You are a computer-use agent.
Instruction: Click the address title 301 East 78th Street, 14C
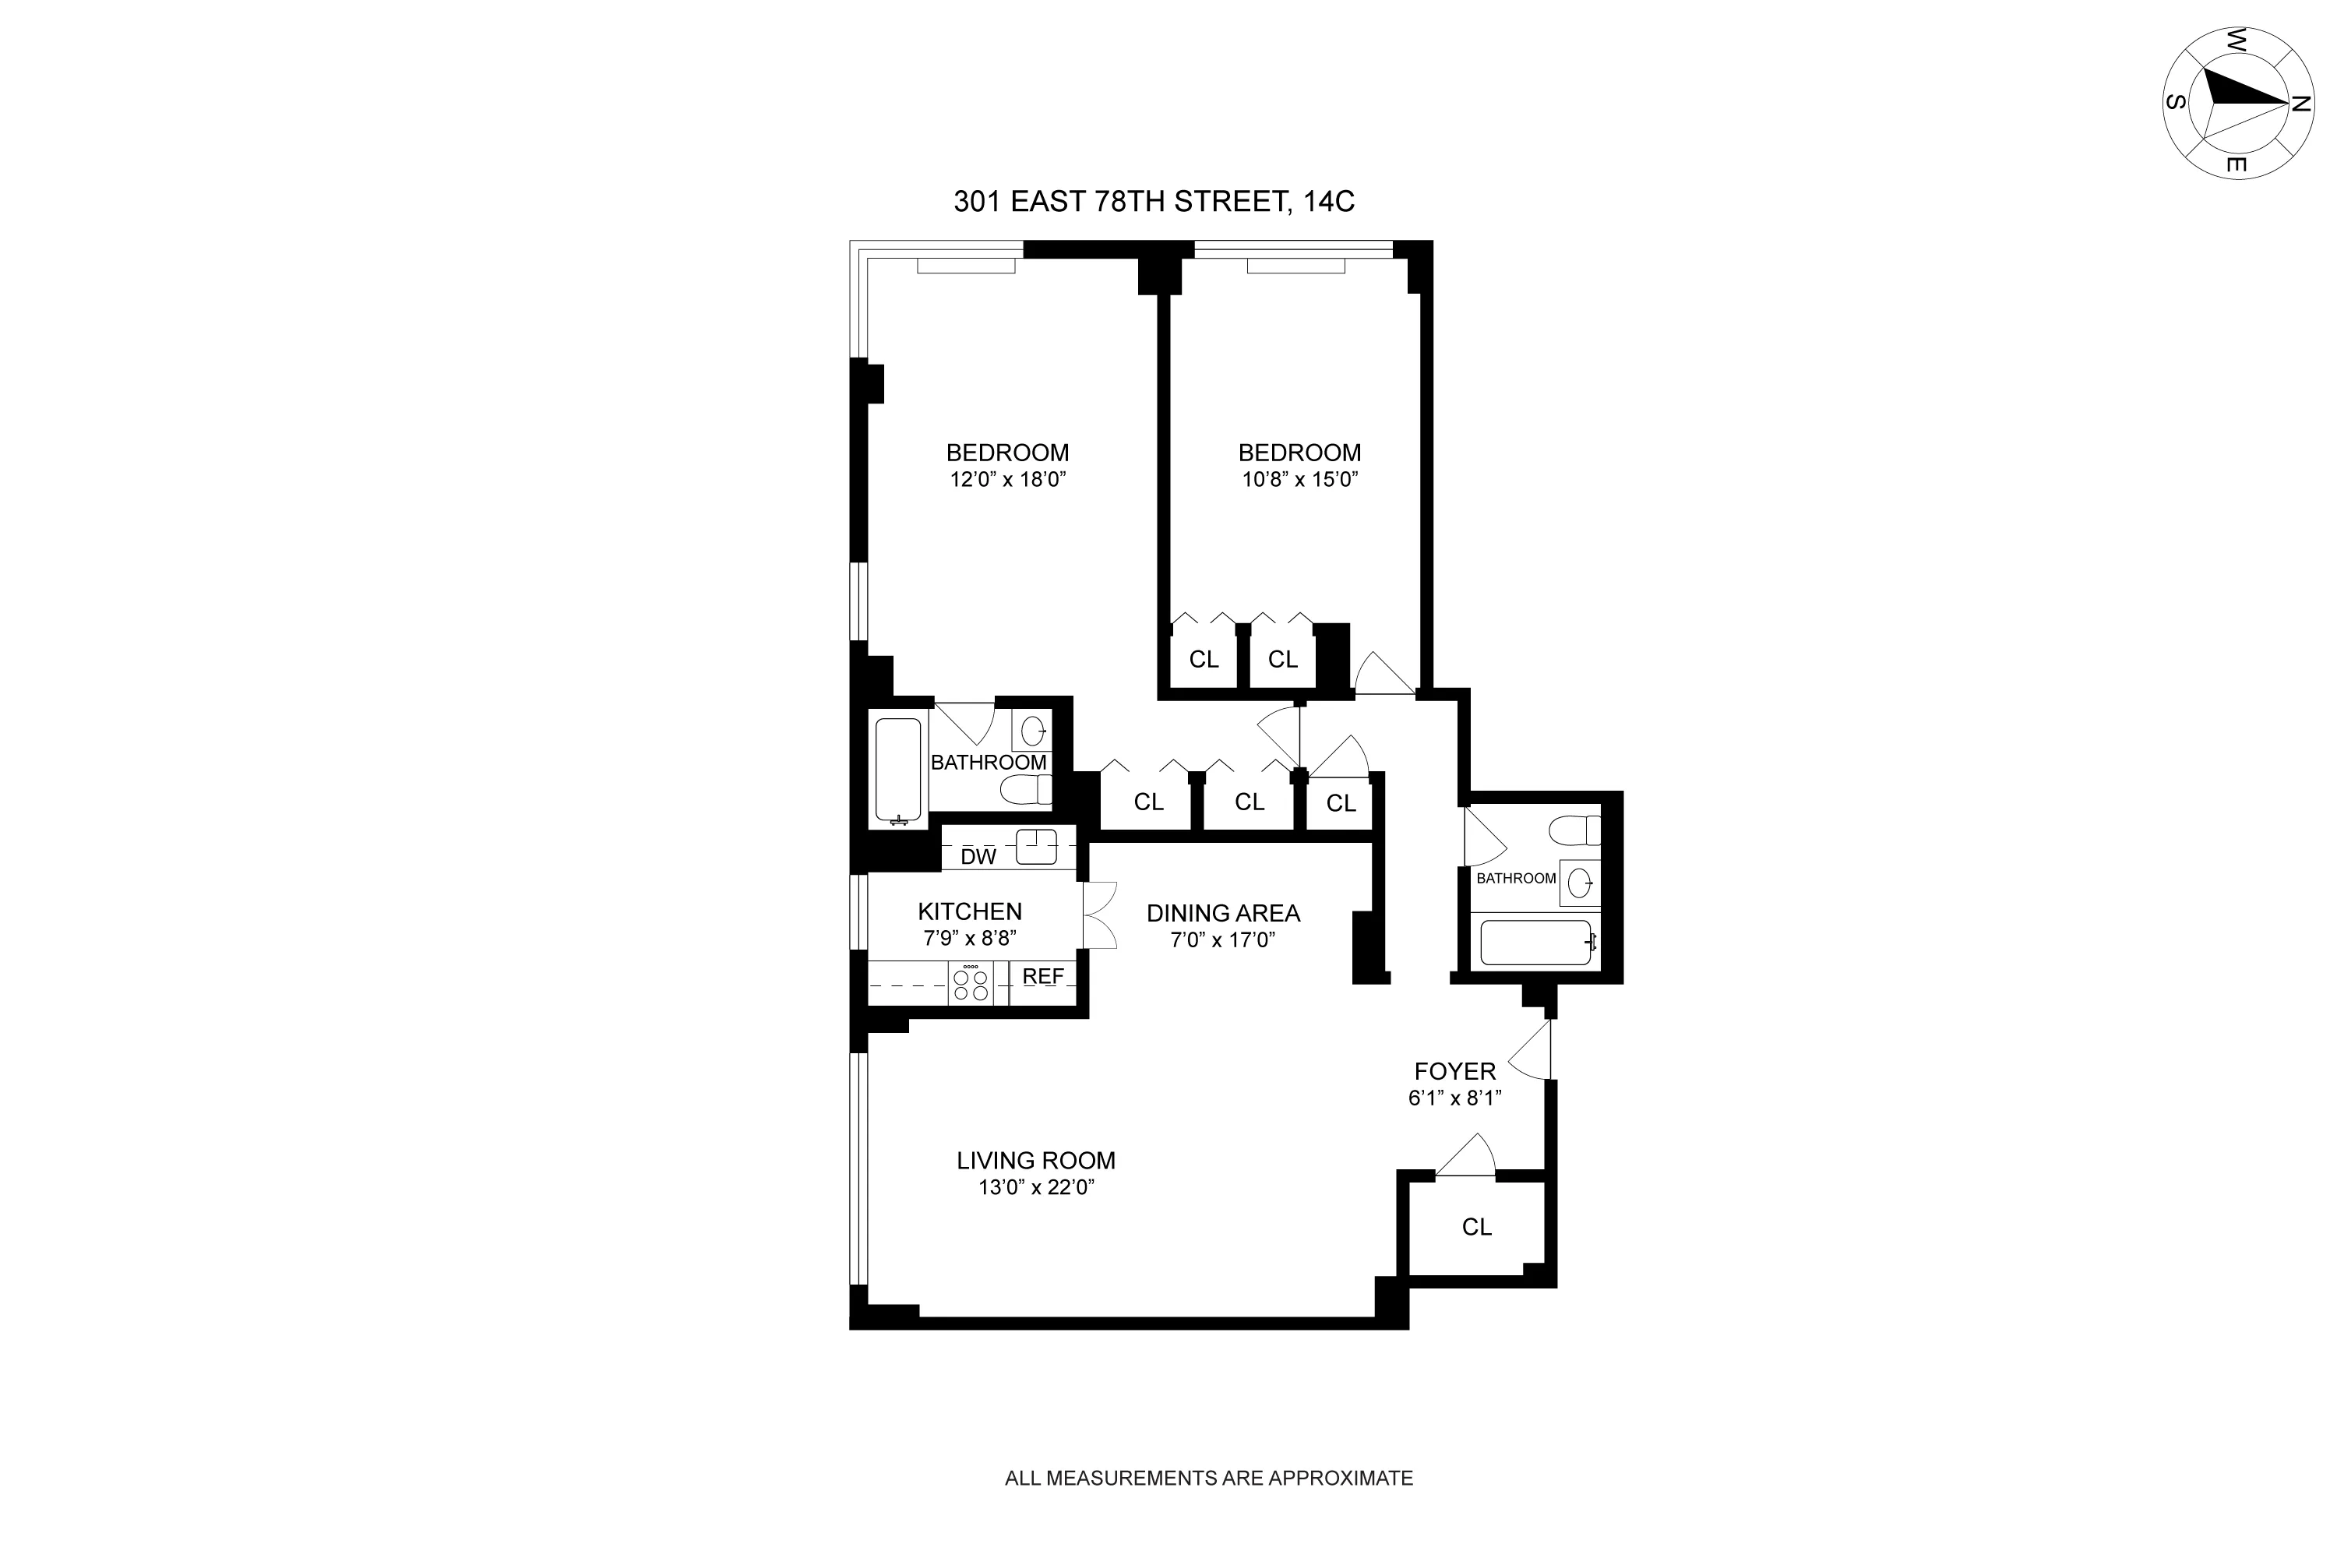[x=1154, y=202]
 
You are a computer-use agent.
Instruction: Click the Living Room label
[x=1035, y=1161]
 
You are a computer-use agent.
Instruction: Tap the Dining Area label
[x=1222, y=913]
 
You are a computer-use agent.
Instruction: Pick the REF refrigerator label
[x=1042, y=977]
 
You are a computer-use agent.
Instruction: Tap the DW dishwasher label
[x=978, y=856]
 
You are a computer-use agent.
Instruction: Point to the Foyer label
[x=1454, y=1071]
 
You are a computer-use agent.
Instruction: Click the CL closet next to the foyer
[x=1476, y=1227]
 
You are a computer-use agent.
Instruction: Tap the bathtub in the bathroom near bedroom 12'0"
[x=898, y=769]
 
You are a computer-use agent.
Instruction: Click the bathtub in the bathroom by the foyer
[x=1535, y=942]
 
